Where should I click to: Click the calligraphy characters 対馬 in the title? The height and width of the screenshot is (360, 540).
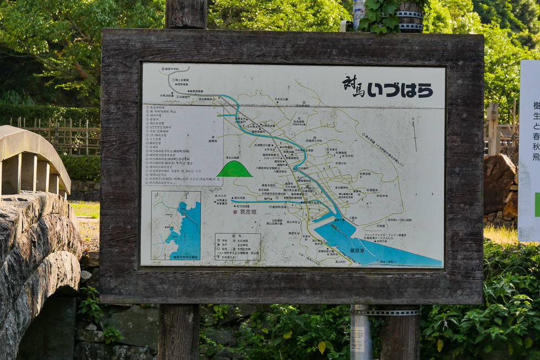point(353,86)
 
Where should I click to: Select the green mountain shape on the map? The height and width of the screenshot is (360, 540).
point(234,169)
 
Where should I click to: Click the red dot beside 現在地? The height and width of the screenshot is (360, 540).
point(234,212)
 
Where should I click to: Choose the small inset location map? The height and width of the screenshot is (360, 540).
point(176,225)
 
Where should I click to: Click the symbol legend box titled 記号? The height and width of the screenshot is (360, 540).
point(237,247)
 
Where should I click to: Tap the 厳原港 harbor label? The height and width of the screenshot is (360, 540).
point(357,251)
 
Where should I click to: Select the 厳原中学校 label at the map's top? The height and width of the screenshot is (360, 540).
point(160,69)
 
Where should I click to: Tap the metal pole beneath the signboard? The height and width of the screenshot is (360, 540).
point(360,332)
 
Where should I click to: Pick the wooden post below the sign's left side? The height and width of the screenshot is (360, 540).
point(179,332)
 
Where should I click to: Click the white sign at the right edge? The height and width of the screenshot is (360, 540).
point(529,149)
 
